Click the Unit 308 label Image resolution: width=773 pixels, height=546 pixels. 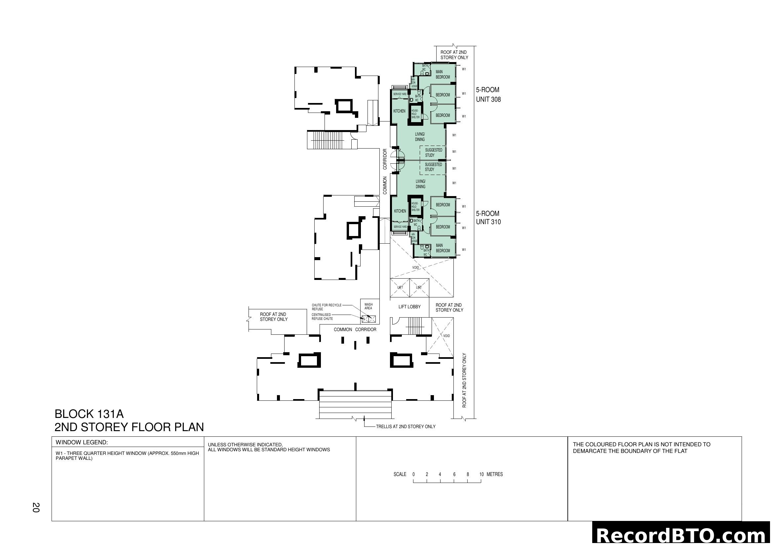(x=488, y=99)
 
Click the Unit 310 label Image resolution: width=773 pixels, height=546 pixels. (x=488, y=222)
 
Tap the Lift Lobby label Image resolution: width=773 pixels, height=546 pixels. (x=409, y=307)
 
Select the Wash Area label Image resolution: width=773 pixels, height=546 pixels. (x=368, y=306)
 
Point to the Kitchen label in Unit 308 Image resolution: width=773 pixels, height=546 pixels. (x=399, y=111)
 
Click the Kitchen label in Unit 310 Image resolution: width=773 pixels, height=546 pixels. (x=400, y=211)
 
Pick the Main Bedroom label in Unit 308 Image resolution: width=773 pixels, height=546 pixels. (x=443, y=74)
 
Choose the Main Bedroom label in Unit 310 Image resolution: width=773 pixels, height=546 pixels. (x=443, y=248)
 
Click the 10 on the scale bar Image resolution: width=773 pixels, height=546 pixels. (x=482, y=474)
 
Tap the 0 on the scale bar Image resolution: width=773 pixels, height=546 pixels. (x=413, y=474)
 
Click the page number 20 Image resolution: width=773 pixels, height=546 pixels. (x=36, y=507)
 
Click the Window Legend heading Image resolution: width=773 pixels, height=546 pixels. (x=82, y=442)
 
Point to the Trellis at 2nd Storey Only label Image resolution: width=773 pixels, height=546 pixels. (x=406, y=427)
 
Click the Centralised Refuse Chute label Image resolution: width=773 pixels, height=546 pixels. (x=322, y=317)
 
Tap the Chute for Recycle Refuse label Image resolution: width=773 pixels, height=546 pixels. (x=326, y=307)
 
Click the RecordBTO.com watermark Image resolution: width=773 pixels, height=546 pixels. (x=681, y=535)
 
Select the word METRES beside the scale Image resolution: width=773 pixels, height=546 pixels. (x=495, y=474)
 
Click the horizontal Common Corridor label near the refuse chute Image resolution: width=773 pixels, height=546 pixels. (x=355, y=329)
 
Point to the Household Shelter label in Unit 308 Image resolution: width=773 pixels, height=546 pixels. (x=415, y=114)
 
